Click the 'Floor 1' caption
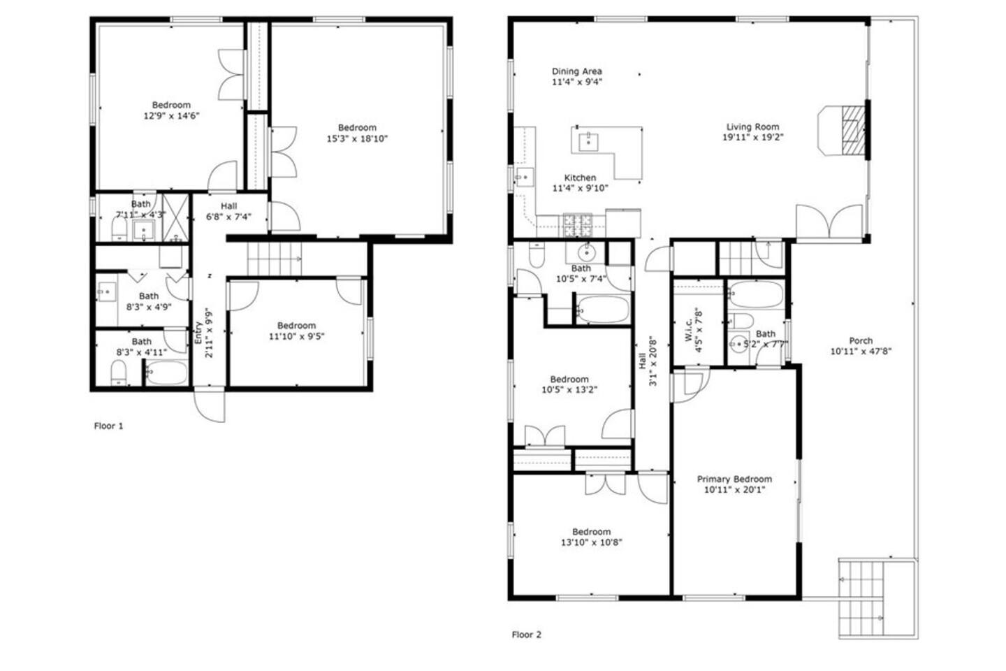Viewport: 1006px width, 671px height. click(108, 426)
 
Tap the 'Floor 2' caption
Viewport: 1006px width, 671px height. click(526, 635)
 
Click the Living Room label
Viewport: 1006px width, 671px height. click(752, 127)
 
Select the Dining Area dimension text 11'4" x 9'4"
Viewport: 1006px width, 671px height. click(576, 82)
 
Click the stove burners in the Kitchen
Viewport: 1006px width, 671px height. click(578, 225)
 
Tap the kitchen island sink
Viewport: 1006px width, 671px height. click(588, 142)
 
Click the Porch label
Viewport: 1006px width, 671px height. click(861, 340)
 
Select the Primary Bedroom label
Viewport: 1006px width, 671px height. click(734, 479)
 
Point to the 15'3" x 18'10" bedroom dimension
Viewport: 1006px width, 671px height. click(356, 138)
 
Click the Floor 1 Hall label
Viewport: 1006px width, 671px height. click(228, 205)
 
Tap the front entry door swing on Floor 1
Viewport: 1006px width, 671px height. click(210, 404)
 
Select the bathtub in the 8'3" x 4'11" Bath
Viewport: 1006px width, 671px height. click(166, 372)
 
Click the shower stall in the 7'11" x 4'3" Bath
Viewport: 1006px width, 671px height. click(175, 218)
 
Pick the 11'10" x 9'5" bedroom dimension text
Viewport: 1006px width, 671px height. click(296, 336)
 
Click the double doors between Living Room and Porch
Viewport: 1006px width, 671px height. click(829, 221)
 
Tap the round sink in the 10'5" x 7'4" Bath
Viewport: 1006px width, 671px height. click(586, 253)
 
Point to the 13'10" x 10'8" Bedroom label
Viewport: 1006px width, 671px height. click(591, 532)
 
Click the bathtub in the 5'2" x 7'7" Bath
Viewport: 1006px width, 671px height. click(755, 294)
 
